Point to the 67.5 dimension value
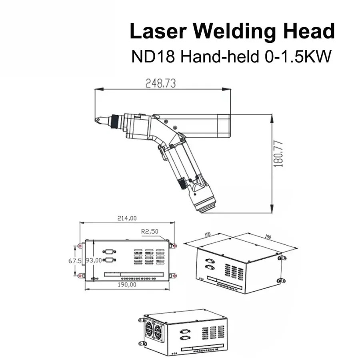point(72,261)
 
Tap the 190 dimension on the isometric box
point(268,237)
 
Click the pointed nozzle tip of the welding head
point(97,119)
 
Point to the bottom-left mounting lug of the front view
point(80,276)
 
